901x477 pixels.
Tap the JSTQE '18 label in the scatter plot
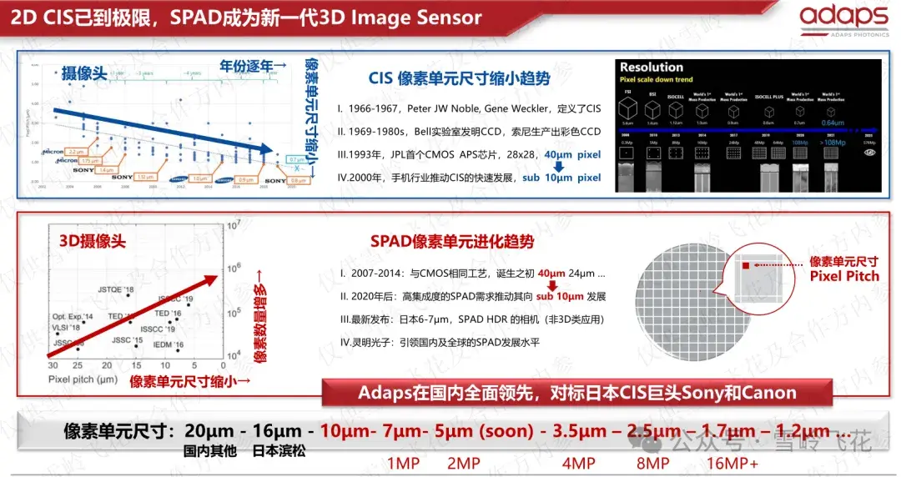[x=116, y=289]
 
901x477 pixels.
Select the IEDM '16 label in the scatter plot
[x=168, y=344]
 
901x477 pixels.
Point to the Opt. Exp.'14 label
[x=73, y=317]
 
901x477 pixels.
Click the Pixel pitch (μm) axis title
[x=82, y=379]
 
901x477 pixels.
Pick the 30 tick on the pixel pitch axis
[x=53, y=366]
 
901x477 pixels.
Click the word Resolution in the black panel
[x=652, y=67]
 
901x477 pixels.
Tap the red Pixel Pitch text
[x=844, y=275]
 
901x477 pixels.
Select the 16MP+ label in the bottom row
[x=732, y=463]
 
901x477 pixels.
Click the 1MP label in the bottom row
[x=404, y=463]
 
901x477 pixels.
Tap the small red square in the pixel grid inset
[x=746, y=265]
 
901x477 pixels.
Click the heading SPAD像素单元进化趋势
[x=452, y=242]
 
